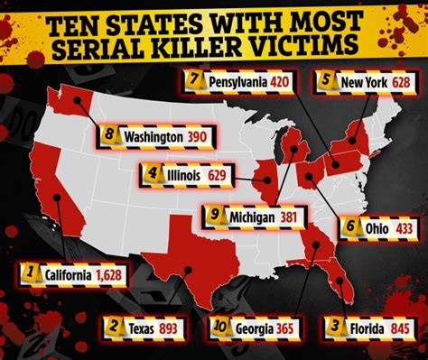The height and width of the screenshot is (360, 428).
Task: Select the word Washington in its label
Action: tap(149, 136)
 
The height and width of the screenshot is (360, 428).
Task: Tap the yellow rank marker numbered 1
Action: tap(32, 272)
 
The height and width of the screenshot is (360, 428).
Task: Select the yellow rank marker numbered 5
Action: tap(326, 81)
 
